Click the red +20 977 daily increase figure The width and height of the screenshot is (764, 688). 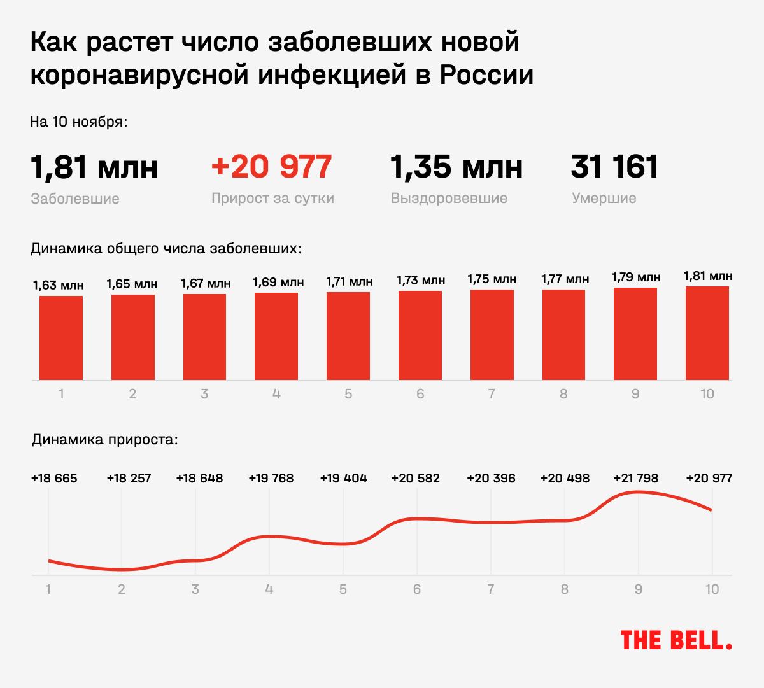(x=271, y=167)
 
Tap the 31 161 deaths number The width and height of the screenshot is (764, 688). (x=614, y=167)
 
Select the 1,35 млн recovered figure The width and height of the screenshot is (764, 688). (x=456, y=167)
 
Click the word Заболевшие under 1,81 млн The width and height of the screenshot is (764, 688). (x=75, y=199)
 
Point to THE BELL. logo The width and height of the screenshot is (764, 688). (x=676, y=640)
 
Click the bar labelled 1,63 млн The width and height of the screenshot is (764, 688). (x=61, y=338)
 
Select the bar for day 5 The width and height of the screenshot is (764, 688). (x=348, y=336)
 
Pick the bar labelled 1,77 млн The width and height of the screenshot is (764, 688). (x=563, y=335)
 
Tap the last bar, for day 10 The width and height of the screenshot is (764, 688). (x=707, y=333)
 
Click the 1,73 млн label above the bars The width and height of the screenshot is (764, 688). (x=421, y=280)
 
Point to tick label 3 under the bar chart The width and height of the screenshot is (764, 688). (x=204, y=394)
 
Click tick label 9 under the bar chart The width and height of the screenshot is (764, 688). (x=635, y=394)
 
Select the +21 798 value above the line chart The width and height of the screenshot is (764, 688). (x=635, y=478)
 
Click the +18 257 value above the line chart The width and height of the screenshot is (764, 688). (x=129, y=478)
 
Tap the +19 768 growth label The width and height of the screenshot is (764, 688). (x=271, y=478)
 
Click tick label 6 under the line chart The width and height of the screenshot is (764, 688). (x=417, y=589)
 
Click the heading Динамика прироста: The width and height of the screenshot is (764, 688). (x=104, y=439)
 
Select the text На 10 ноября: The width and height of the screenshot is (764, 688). (x=78, y=122)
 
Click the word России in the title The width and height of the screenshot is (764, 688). (x=486, y=75)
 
